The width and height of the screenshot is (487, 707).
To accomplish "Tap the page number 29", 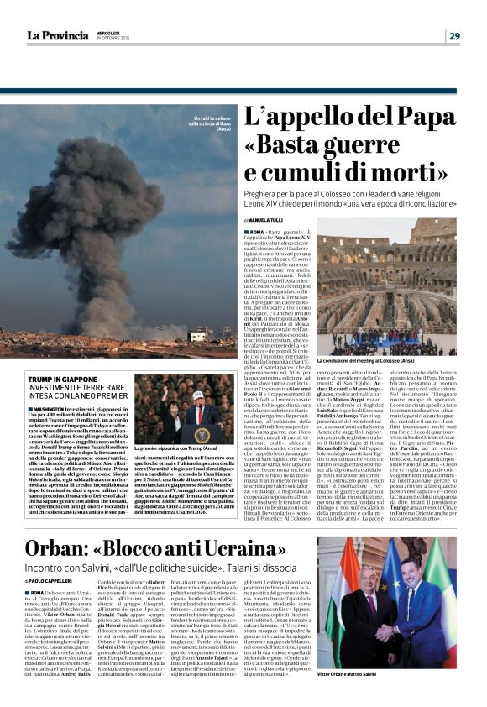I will [453, 35].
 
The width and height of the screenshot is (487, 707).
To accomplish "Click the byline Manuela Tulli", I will [269, 220].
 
